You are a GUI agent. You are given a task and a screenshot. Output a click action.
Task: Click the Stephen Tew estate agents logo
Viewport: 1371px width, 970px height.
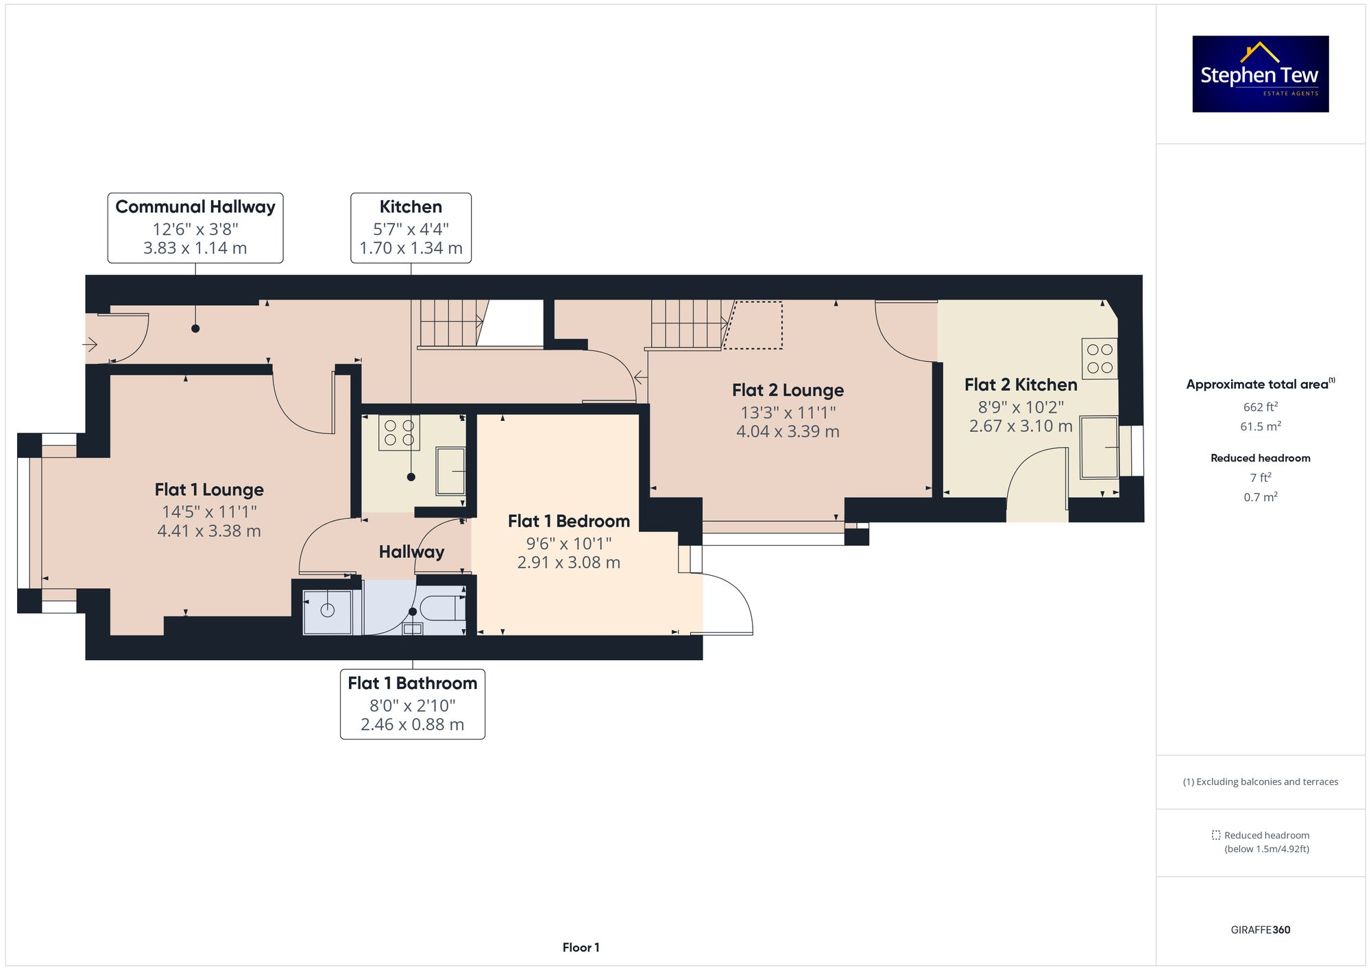[x=1260, y=74]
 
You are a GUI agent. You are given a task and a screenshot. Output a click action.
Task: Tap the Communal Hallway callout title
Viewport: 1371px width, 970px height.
[x=195, y=206]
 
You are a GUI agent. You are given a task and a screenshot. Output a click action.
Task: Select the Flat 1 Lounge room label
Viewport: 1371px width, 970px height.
[x=209, y=489]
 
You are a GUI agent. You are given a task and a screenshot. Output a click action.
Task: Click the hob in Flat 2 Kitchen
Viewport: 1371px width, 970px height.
[x=1100, y=359]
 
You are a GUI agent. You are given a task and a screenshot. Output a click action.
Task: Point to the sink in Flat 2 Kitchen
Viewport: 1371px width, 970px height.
[x=1099, y=448]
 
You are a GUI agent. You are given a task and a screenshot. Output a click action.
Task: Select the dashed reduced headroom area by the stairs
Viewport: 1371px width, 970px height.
[x=754, y=326]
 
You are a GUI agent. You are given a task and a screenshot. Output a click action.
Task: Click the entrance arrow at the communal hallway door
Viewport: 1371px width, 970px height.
[x=91, y=343]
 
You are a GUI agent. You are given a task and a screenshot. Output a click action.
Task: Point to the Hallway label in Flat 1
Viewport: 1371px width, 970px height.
[x=411, y=552]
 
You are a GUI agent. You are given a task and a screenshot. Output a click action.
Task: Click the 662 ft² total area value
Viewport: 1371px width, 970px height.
[x=1260, y=407]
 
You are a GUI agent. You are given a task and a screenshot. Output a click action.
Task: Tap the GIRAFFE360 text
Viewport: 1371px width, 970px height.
[x=1260, y=930]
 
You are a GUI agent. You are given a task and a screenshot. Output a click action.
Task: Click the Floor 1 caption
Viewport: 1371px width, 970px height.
[x=581, y=947]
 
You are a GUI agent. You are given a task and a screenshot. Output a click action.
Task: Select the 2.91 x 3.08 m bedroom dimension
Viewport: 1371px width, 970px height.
[x=568, y=563]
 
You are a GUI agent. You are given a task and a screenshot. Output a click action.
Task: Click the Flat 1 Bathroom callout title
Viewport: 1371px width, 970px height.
[x=412, y=683]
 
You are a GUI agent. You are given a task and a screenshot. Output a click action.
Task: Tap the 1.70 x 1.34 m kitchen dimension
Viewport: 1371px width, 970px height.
[x=411, y=248]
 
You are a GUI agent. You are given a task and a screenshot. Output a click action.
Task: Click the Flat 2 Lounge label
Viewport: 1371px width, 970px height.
[x=788, y=390]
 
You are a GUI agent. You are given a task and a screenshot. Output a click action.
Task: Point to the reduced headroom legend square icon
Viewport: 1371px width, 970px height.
[x=1215, y=835]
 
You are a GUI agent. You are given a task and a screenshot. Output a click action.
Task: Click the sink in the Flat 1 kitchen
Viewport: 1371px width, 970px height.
[x=450, y=471]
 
